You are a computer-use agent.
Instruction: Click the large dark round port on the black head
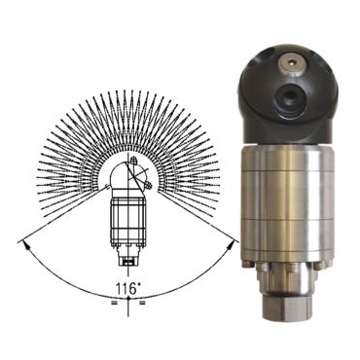tap(288, 96)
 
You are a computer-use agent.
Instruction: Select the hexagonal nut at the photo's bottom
tap(286, 308)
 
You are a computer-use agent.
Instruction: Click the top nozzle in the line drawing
tap(133, 161)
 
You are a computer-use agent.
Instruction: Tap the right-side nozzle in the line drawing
tap(148, 186)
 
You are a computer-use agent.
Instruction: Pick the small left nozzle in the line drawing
tap(107, 186)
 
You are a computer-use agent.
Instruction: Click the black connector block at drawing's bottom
tap(128, 262)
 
